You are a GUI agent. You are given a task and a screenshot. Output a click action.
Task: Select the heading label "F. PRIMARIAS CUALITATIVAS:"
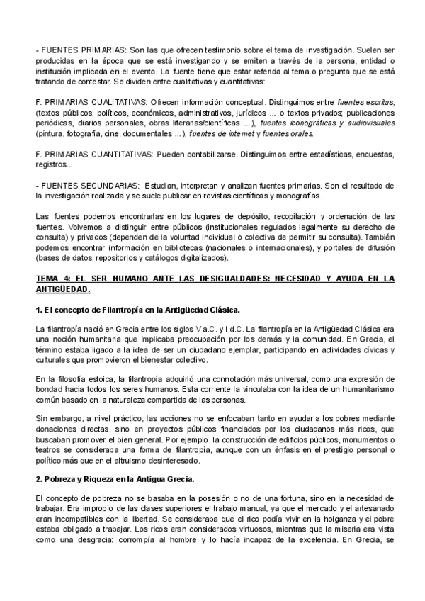point(91,101)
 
